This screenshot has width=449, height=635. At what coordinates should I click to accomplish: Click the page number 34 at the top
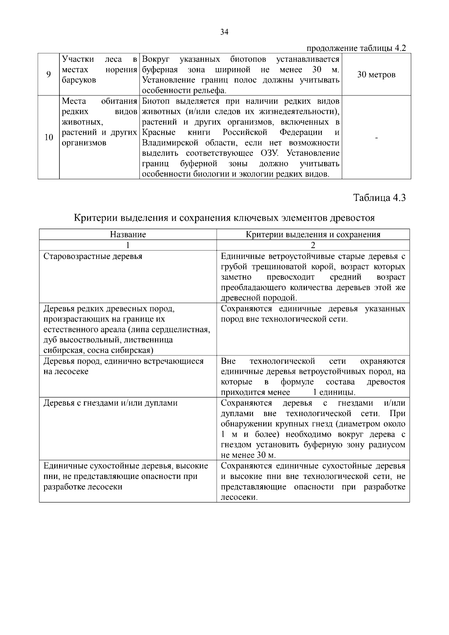click(x=224, y=32)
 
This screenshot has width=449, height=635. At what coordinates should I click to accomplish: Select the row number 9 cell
click(x=48, y=74)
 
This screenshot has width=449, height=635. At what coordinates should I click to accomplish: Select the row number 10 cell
click(x=49, y=137)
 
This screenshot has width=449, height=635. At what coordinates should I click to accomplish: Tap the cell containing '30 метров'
click(x=376, y=74)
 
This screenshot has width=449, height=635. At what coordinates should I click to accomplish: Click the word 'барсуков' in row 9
click(x=79, y=80)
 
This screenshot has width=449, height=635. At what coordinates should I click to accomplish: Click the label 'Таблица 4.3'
click(x=380, y=198)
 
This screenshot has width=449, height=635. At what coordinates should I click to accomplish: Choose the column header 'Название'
click(x=128, y=235)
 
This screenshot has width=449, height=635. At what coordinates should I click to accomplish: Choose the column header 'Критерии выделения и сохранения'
click(x=313, y=235)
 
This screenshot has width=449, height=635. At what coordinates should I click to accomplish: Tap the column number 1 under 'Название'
click(x=128, y=245)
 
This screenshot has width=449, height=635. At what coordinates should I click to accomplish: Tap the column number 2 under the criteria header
click(x=313, y=245)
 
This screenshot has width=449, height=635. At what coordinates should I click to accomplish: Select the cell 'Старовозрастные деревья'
click(x=93, y=257)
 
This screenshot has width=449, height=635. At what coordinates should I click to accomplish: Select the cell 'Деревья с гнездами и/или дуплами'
click(x=111, y=403)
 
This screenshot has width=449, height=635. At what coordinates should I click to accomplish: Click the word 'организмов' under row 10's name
click(x=84, y=143)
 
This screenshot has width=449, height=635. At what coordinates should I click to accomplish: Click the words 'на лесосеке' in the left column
click(x=66, y=372)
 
